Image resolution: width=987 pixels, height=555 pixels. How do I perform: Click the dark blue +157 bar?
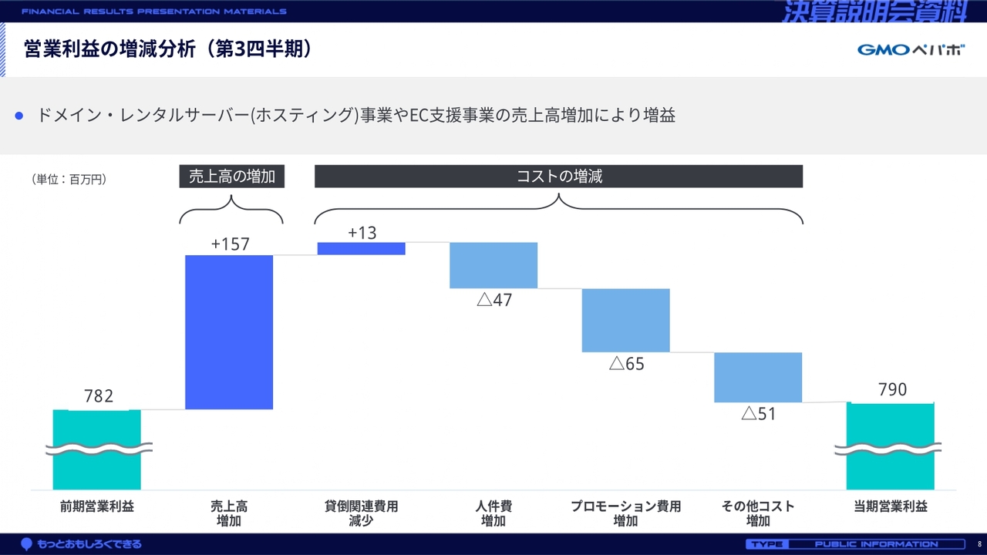coord(229,331)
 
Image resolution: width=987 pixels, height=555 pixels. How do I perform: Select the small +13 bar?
coord(361,248)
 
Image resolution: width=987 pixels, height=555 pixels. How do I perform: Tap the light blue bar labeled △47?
coord(493,265)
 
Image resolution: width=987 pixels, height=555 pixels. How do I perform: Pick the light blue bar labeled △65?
coord(625,320)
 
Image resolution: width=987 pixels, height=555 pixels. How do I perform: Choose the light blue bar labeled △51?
coord(758,377)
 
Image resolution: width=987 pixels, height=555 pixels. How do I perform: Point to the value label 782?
coord(99,396)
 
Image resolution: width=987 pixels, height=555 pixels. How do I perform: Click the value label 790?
coord(892,390)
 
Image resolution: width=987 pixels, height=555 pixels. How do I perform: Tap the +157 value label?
coord(230,244)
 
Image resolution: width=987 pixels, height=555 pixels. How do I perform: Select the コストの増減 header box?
coord(558,177)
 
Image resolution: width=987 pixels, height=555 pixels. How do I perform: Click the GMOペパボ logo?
coord(911,50)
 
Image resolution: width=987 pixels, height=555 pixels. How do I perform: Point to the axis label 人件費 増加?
coord(493,513)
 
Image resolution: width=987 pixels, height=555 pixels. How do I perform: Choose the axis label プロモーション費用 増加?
coord(625,513)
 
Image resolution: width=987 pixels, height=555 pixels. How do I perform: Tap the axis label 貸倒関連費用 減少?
coord(361,513)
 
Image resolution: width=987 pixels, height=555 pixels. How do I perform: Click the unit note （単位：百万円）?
coord(69,180)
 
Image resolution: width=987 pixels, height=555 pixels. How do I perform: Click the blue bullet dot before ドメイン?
coord(20,116)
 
